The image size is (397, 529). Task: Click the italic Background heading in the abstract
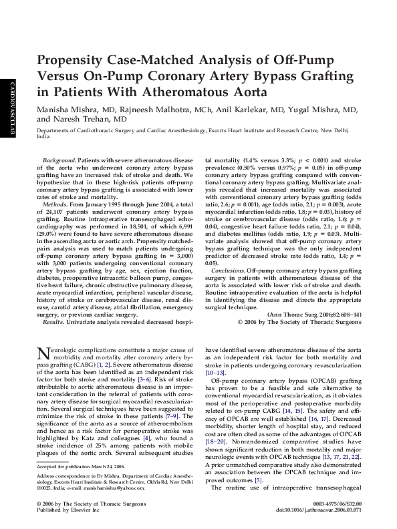[58, 162]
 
